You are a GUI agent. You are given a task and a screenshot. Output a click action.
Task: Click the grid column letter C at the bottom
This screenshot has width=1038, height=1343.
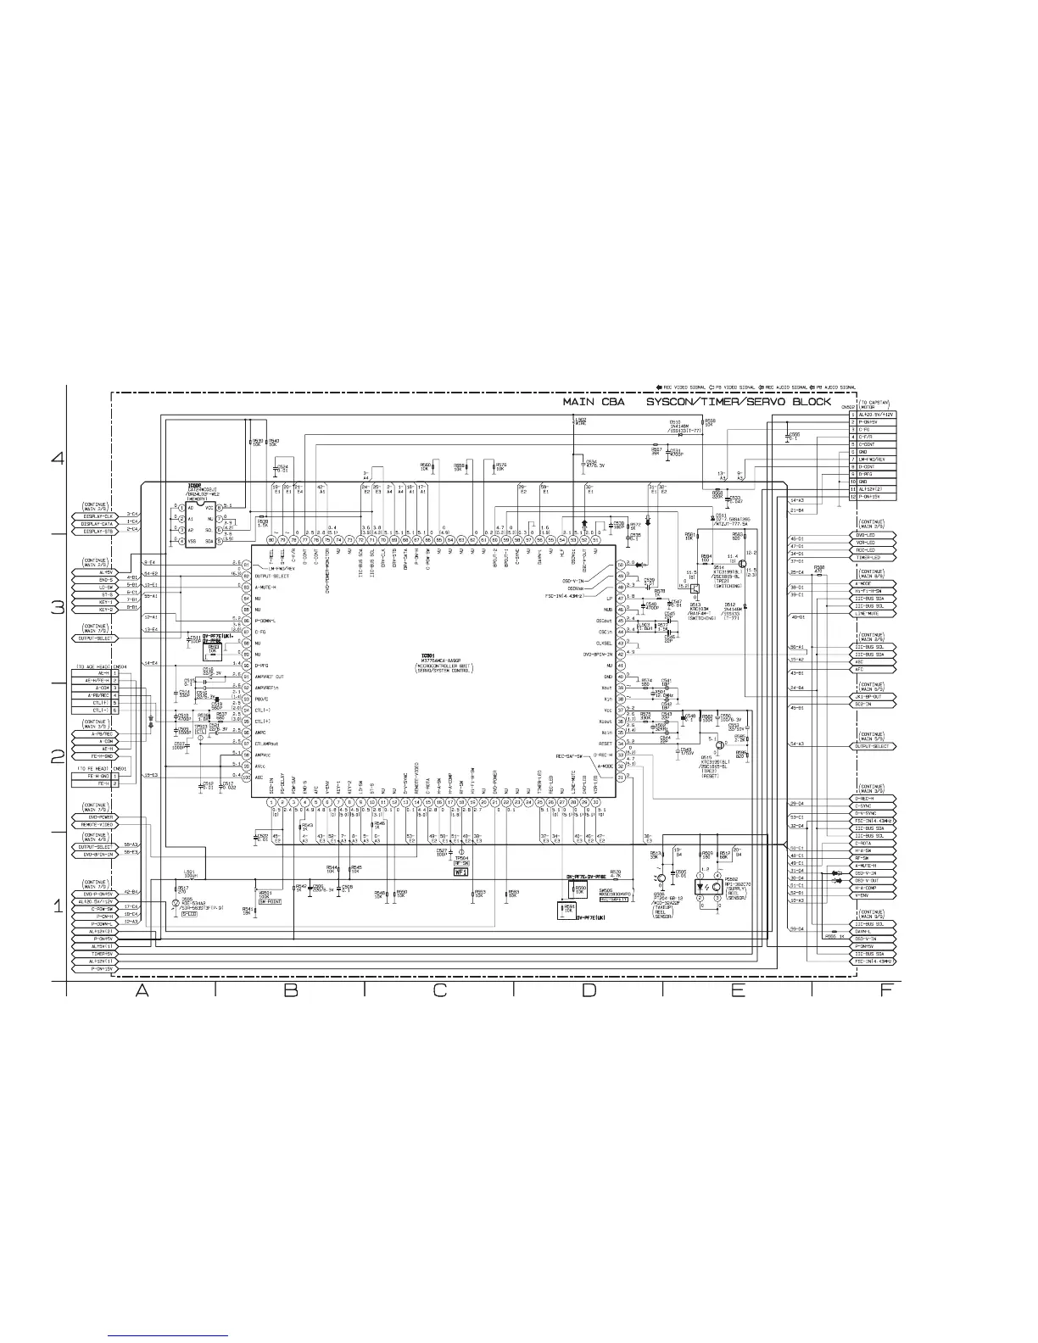(439, 993)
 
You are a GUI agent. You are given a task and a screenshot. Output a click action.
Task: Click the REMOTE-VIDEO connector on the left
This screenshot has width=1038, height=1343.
(98, 825)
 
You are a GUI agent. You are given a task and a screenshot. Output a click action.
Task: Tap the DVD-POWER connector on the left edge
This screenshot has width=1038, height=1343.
(98, 817)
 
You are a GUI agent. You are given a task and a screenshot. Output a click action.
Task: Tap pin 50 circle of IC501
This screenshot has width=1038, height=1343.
(620, 564)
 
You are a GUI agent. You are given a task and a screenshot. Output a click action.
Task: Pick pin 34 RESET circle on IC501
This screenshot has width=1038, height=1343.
(620, 744)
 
